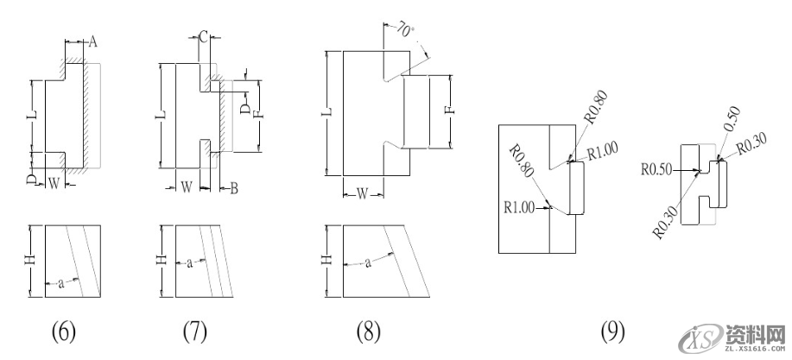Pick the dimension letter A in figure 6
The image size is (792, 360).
[93, 41]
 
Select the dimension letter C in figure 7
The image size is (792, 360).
[201, 36]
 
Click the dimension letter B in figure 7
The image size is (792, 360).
[233, 188]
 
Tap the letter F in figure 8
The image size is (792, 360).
[447, 110]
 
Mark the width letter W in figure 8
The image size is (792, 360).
[363, 193]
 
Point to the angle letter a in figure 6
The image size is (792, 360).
[60, 281]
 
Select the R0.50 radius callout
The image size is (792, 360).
[658, 170]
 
